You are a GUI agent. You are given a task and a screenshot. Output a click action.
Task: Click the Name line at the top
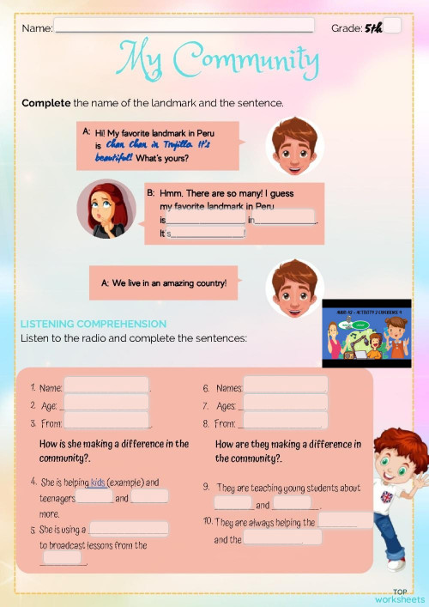coord(184,27)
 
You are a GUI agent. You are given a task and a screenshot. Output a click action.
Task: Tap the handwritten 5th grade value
coord(373,27)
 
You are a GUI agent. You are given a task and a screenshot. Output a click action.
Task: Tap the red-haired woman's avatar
coord(106,208)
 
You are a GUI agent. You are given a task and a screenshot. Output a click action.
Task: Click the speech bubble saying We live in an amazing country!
coord(163,282)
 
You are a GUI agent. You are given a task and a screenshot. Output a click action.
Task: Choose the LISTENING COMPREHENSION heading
coord(94,324)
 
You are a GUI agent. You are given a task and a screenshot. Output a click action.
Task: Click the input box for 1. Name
coord(106,386)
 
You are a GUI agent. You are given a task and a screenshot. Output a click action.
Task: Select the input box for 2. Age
coord(106,404)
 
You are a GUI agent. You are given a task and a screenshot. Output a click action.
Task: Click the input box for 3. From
coord(108,422)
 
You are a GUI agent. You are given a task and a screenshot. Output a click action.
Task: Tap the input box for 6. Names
coord(285,386)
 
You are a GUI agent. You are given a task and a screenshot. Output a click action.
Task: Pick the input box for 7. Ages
coord(285,404)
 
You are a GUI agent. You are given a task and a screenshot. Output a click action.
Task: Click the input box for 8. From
coord(284,422)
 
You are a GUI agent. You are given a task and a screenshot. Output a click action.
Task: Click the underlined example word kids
coord(98,483)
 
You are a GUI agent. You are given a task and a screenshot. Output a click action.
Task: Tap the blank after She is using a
coord(129,530)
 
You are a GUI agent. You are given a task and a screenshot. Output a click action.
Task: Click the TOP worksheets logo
coord(400,595)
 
